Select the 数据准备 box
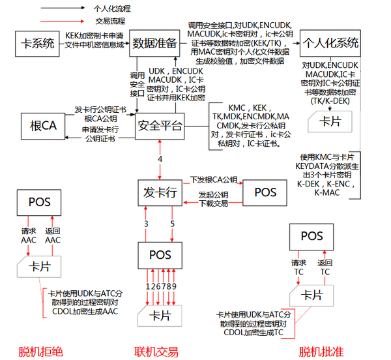(154, 43)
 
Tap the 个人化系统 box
(331, 44)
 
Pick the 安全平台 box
(160, 125)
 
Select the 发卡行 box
(160, 192)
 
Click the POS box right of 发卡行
(265, 192)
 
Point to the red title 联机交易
(156, 352)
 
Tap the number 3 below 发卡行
(147, 225)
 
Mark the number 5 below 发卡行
(173, 225)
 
